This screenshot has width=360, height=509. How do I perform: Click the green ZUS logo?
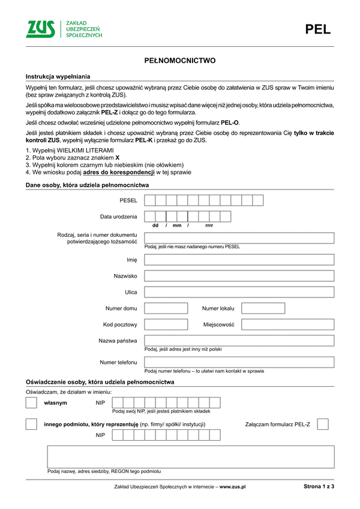click(43, 29)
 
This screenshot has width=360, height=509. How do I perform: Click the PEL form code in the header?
click(318, 29)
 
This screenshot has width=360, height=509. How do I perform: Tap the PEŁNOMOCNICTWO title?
click(180, 61)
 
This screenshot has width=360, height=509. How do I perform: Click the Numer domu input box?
click(166, 308)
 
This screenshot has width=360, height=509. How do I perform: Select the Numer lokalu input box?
click(263, 308)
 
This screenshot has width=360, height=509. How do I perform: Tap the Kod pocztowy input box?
click(166, 324)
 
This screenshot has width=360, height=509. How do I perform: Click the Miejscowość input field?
click(286, 324)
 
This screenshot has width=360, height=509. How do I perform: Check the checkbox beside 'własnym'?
click(31, 403)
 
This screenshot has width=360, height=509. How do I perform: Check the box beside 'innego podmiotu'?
click(31, 424)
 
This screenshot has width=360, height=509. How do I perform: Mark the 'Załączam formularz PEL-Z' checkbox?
click(322, 424)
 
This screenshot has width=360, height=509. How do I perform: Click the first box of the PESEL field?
click(150, 200)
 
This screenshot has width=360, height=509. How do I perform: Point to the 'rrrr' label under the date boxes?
click(209, 225)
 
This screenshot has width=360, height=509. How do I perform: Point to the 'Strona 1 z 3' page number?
click(319, 487)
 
